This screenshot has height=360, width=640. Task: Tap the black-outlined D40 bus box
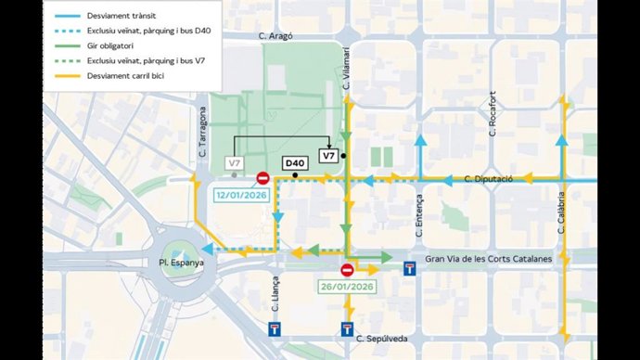(x=294, y=162)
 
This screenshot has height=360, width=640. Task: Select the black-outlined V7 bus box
(x=328, y=156)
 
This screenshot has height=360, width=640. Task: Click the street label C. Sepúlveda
(x=383, y=339)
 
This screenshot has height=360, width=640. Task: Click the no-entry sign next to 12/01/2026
(x=262, y=178)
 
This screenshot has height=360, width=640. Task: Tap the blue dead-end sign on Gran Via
(x=409, y=269)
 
